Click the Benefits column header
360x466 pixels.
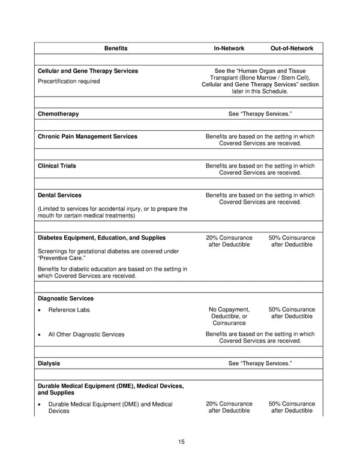[116, 48]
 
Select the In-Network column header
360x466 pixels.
[229, 48]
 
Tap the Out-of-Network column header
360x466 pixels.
[292, 48]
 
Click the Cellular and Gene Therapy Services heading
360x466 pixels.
[88, 71]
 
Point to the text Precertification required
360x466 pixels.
[68, 82]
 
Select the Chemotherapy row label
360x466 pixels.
[58, 113]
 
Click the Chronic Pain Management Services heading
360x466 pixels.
[87, 136]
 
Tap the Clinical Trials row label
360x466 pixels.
[57, 166]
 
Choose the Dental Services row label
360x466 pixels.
[59, 195]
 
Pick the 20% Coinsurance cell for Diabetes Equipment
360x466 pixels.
[229, 241]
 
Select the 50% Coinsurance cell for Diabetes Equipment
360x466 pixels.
[292, 241]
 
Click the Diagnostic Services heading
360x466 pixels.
[65, 298]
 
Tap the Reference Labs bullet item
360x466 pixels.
[70, 309]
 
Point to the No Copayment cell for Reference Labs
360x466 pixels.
[229, 316]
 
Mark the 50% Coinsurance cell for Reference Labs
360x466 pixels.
[292, 313]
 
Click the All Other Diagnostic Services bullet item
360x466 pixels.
[86, 334]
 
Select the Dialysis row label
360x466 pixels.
[49, 363]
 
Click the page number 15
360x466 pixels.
[181, 442]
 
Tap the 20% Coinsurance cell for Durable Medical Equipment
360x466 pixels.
[229, 407]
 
